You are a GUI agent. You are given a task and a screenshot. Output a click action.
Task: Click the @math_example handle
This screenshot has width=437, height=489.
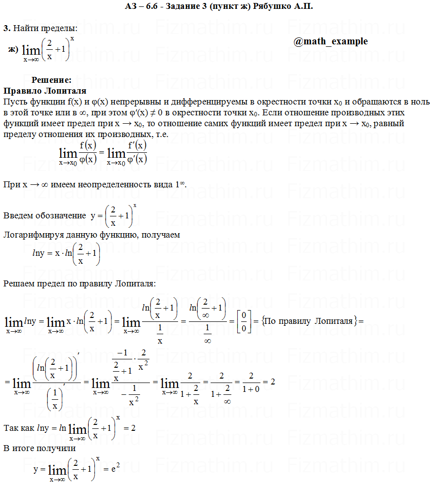330,41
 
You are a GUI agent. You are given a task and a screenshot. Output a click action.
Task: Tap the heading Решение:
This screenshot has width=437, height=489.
52,80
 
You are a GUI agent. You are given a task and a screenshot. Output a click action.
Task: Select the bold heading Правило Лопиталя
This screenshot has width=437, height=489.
45,91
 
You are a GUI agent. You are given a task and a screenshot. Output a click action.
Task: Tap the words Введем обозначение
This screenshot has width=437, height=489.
44,215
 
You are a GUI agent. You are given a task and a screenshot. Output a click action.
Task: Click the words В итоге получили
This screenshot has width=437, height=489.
39,448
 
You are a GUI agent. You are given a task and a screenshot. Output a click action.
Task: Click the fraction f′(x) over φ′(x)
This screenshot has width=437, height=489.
137,152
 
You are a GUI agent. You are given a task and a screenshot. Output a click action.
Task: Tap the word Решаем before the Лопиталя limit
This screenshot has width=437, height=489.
20,283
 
